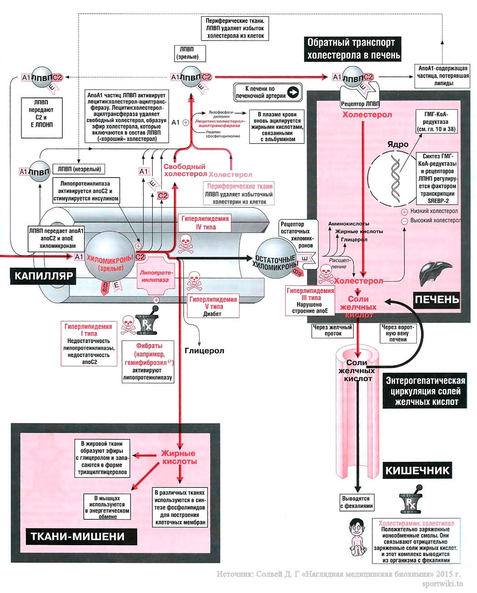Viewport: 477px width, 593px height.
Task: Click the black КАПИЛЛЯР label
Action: pyautogui.click(x=44, y=276)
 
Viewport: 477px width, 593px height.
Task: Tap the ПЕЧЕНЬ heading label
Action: pyautogui.click(x=436, y=299)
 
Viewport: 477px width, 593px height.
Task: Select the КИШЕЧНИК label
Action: pyautogui.click(x=417, y=470)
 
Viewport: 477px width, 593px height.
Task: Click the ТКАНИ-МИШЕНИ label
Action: pyautogui.click(x=77, y=536)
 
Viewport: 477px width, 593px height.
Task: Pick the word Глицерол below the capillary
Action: pyautogui.click(x=204, y=351)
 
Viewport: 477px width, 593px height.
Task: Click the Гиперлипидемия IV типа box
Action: pyautogui.click(x=205, y=223)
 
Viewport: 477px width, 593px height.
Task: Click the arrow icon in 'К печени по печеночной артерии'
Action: pyautogui.click(x=293, y=92)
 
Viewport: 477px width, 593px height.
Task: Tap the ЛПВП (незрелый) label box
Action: pyautogui.click(x=79, y=169)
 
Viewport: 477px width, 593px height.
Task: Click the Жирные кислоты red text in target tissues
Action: pyautogui.click(x=179, y=457)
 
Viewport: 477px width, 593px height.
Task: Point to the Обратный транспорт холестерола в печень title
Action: pyautogui.click(x=353, y=49)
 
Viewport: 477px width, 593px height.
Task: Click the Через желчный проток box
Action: pyautogui.click(x=333, y=330)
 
